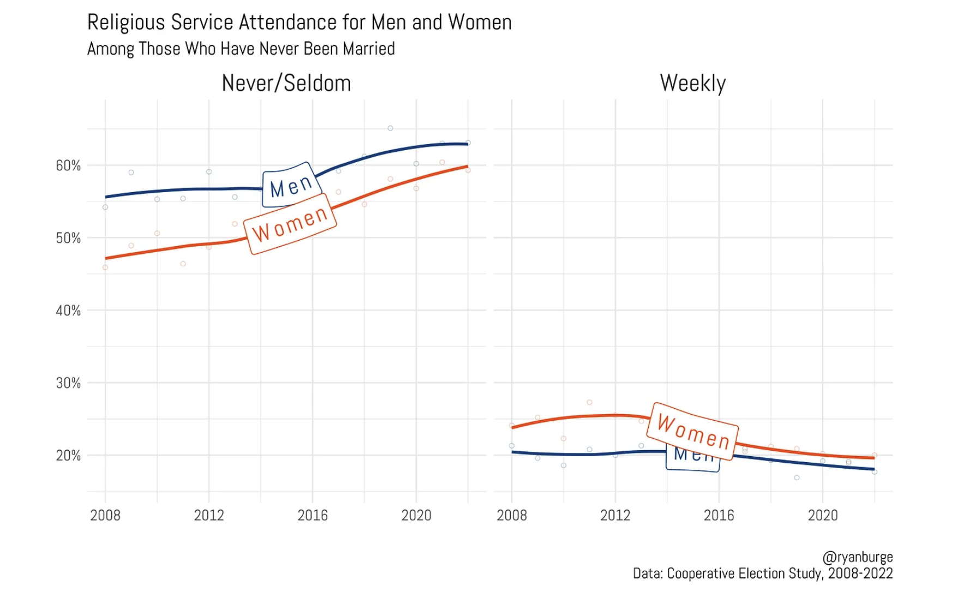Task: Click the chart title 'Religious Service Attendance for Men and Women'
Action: point(299,23)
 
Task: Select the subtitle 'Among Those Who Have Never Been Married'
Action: point(241,49)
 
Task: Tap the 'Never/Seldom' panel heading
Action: point(286,83)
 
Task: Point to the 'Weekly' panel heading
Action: point(692,83)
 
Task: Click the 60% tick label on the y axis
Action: point(68,166)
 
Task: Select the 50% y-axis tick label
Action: point(68,238)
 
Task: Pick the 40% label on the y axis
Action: point(68,311)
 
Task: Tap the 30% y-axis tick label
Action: point(68,384)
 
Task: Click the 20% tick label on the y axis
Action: point(68,456)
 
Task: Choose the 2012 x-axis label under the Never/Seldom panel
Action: point(209,516)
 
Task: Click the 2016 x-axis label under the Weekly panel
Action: point(719,516)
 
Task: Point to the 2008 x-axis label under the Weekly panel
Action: point(511,516)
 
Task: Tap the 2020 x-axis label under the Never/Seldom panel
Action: point(416,516)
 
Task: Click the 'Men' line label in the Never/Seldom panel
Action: point(291,186)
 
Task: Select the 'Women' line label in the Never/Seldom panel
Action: point(290,224)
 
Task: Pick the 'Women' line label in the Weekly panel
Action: point(692,432)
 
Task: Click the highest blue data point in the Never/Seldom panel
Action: point(390,128)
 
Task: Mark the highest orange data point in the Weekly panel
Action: point(589,403)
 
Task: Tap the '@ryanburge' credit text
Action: point(857,557)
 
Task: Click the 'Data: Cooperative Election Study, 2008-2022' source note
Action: point(762,574)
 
